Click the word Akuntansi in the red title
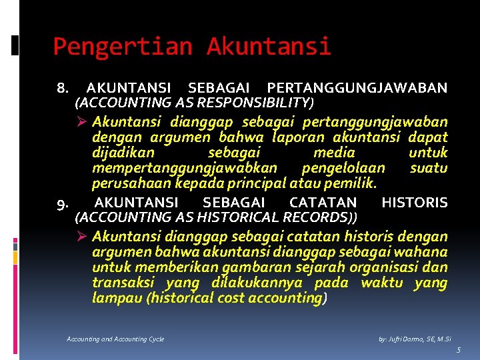[269, 47]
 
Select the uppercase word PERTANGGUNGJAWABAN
[357, 88]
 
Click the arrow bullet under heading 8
[83, 122]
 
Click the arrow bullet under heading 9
[83, 237]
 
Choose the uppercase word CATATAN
[323, 203]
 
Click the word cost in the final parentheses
[230, 297]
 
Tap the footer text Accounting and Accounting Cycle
[115, 339]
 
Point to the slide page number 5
[459, 350]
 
